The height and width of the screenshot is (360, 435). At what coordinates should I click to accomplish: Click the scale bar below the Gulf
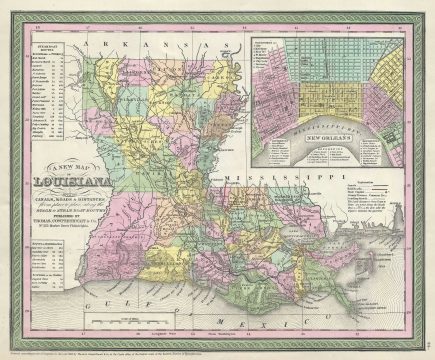click(131, 318)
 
